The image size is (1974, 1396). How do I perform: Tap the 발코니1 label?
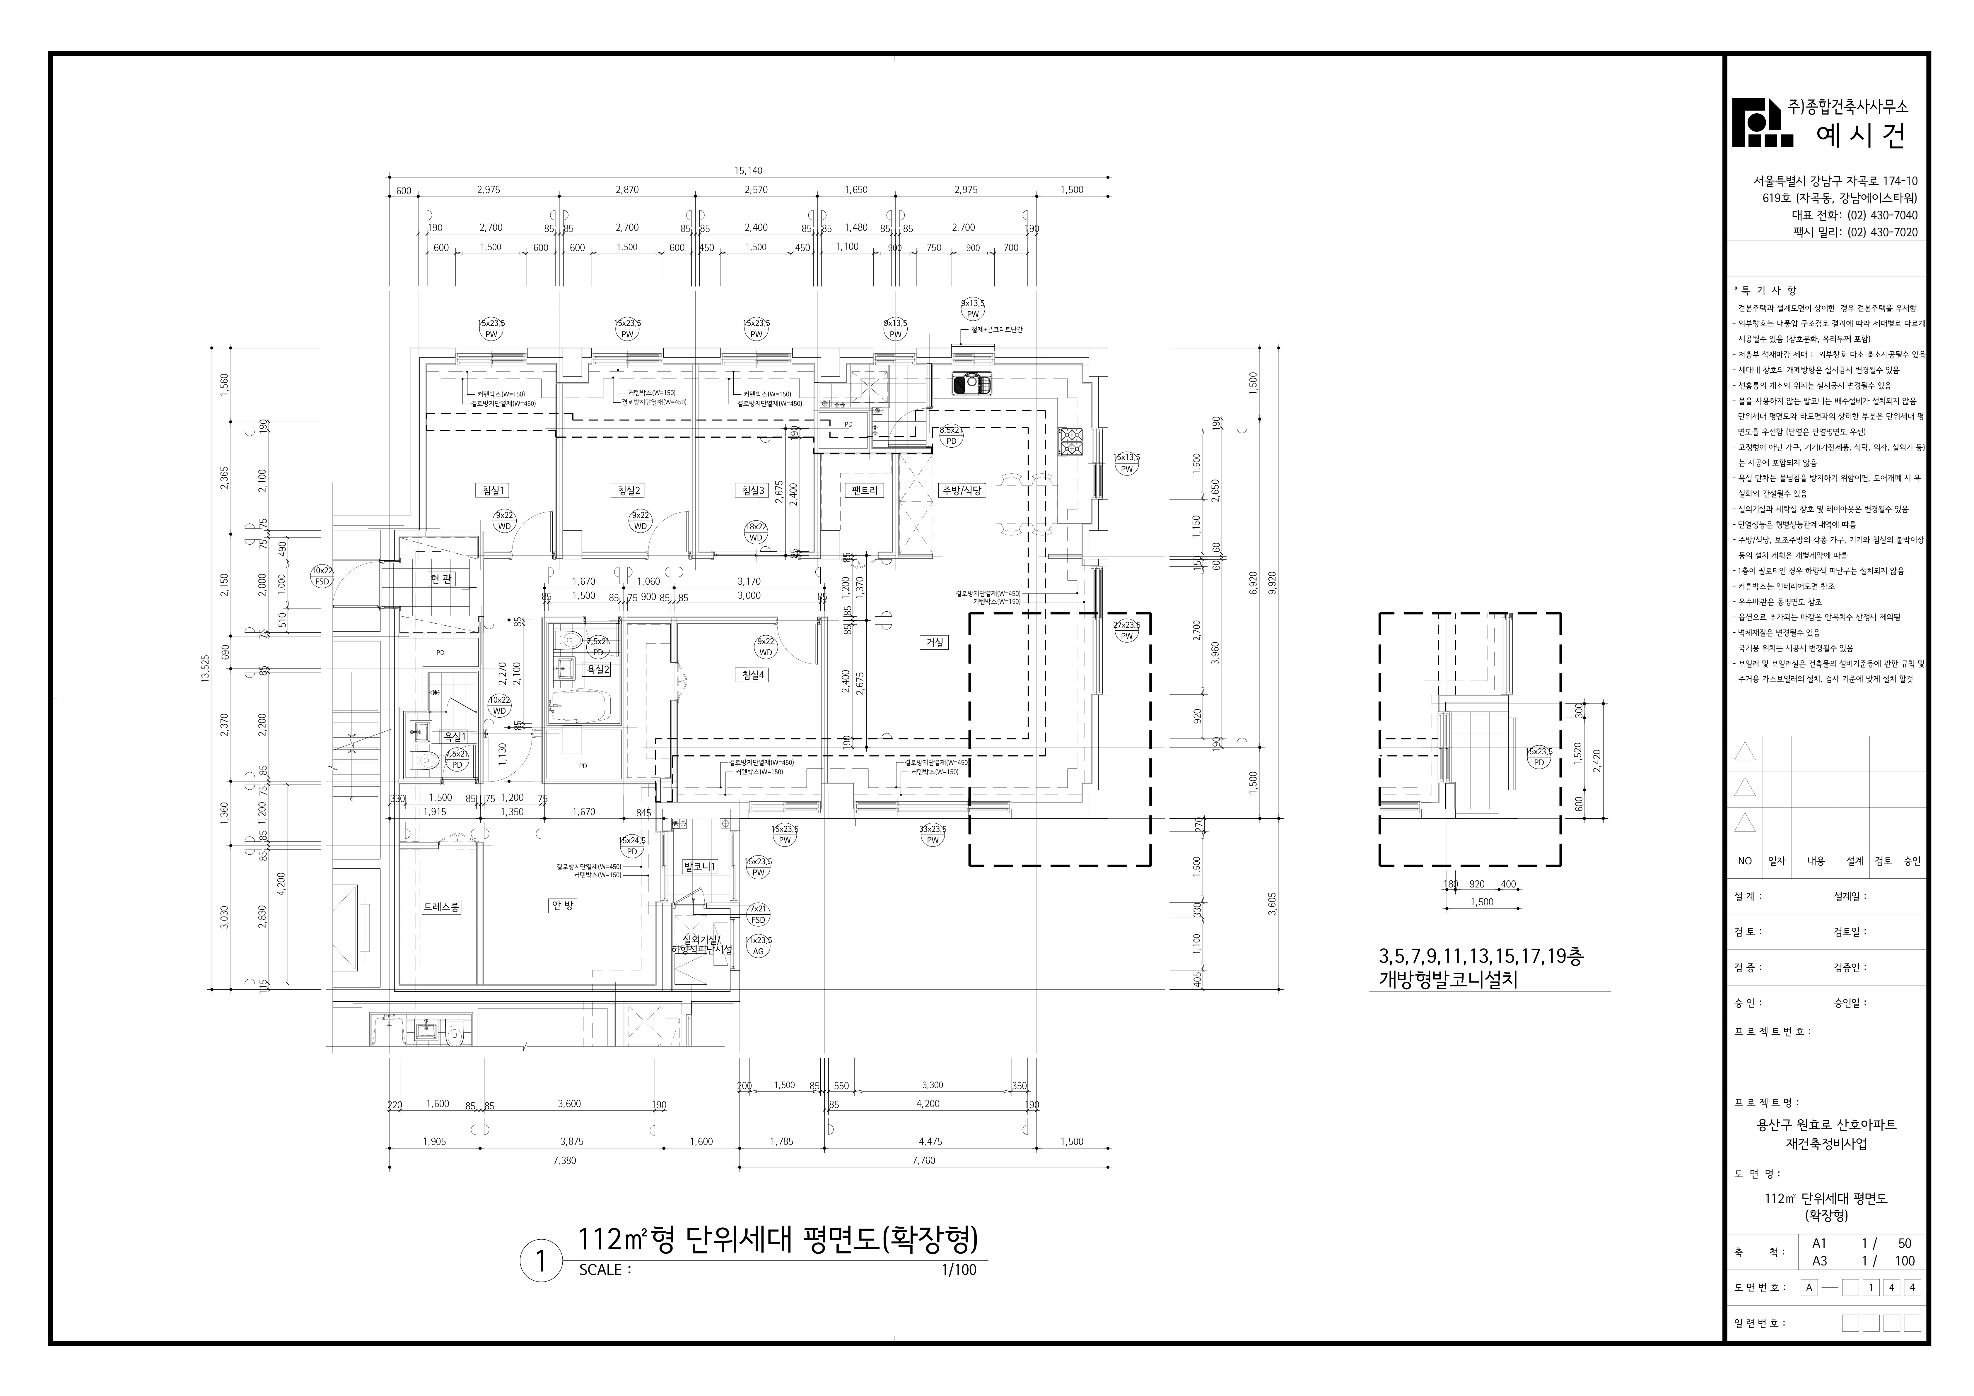(x=699, y=866)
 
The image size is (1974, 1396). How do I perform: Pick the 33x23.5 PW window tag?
(x=933, y=834)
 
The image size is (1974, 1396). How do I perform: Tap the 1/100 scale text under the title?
(x=959, y=1270)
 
